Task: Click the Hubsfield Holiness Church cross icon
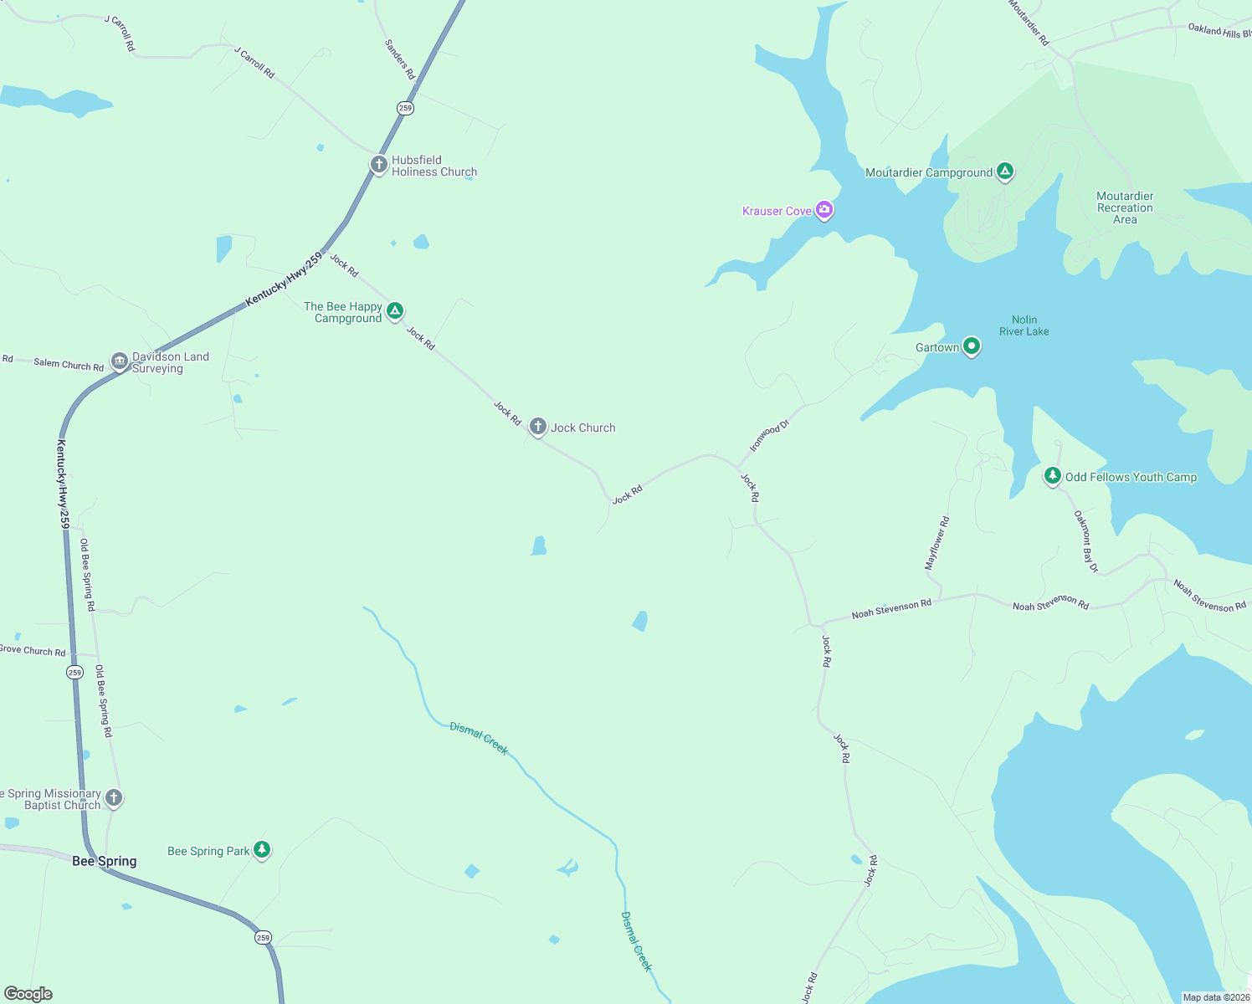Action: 378,164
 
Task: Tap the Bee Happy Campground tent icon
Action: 395,311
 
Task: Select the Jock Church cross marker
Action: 538,427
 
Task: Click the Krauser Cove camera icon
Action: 824,209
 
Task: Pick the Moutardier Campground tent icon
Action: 1005,172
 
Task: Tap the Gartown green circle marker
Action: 971,346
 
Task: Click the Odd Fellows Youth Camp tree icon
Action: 1052,475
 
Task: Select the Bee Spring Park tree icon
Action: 262,850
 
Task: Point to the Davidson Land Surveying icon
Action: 120,361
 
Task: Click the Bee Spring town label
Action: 104,861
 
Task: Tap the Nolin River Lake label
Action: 1024,325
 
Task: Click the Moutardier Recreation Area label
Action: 1125,207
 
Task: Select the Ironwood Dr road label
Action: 769,436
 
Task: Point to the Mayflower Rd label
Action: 936,543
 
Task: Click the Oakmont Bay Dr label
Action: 1085,541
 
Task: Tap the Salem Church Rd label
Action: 69,364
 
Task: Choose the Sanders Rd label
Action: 400,59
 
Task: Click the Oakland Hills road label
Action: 1219,31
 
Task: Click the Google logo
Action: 28,994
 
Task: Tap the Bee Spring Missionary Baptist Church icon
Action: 114,798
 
